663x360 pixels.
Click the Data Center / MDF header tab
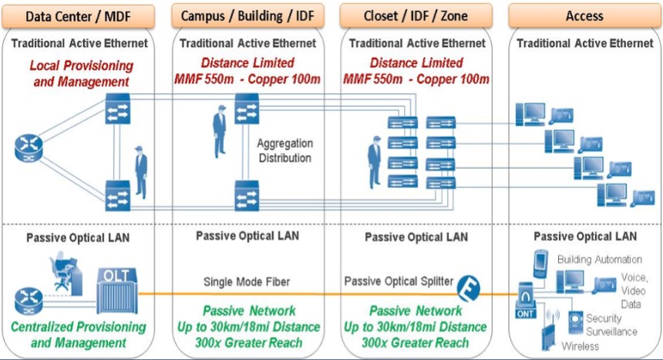click(82, 15)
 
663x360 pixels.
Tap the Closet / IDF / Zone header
click(416, 15)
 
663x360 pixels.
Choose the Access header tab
click(584, 15)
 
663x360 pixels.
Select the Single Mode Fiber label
click(245, 281)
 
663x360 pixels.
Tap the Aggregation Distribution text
click(285, 151)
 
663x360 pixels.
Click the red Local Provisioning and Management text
click(81, 73)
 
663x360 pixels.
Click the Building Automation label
click(599, 259)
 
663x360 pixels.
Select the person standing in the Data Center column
click(140, 171)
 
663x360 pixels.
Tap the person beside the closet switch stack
click(374, 161)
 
